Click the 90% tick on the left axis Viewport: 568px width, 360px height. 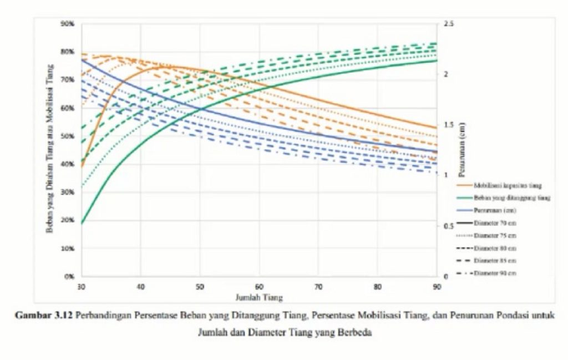pyautogui.click(x=69, y=24)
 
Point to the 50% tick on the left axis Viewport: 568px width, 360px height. pyautogui.click(x=69, y=136)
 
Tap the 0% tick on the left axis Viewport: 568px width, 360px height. pyautogui.click(x=70, y=276)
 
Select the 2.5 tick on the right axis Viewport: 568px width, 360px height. pyautogui.click(x=448, y=24)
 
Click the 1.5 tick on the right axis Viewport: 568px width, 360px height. pyautogui.click(x=448, y=125)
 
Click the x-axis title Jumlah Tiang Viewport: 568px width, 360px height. pyautogui.click(x=259, y=297)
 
